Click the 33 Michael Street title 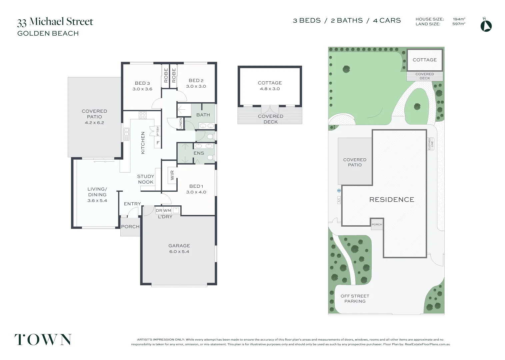click(55, 22)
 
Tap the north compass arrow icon click(486, 26)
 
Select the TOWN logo click(43, 340)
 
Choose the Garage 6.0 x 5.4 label click(179, 248)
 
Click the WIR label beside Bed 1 click(172, 175)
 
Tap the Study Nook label click(146, 179)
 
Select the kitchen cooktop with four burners click(143, 115)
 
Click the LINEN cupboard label click(181, 123)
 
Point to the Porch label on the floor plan click(130, 227)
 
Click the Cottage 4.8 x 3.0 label click(270, 85)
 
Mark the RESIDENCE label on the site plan click(392, 200)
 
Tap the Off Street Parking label click(355, 298)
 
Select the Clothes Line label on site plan click(431, 144)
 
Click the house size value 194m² click(459, 19)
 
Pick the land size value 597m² click(459, 24)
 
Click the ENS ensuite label click(199, 153)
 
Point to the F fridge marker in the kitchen click(158, 143)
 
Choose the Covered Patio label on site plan click(355, 162)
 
